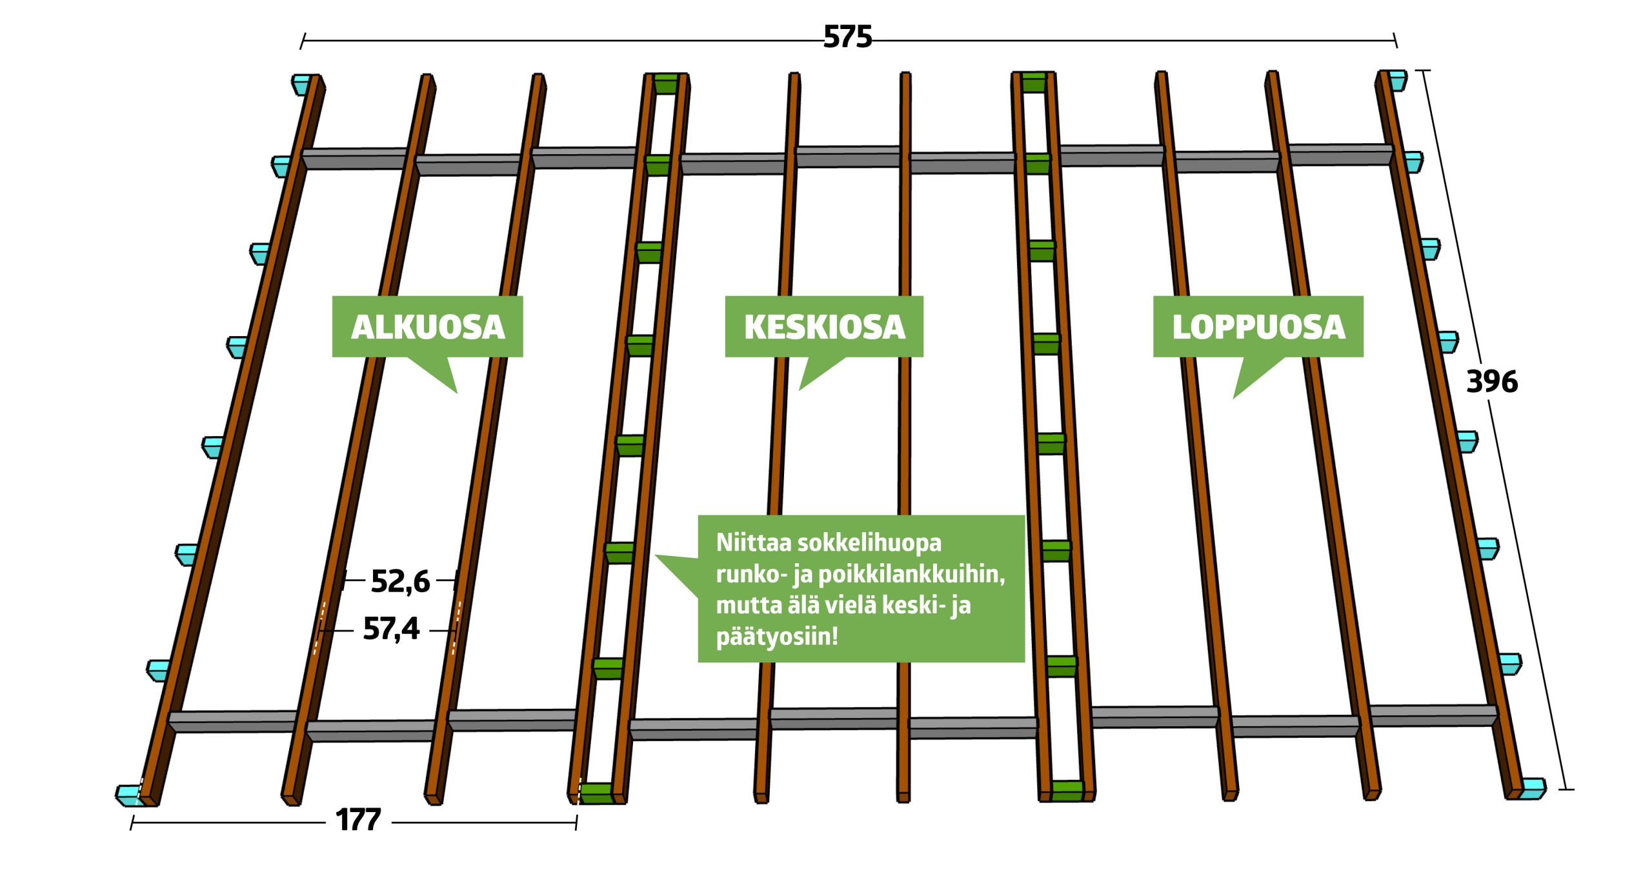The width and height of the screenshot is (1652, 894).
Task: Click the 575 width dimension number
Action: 847,37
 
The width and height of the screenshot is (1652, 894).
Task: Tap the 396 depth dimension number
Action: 1491,381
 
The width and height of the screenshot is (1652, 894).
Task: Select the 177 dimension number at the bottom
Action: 358,820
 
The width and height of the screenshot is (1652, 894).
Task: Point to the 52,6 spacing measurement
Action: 400,581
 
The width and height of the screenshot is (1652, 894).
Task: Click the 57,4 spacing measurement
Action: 391,629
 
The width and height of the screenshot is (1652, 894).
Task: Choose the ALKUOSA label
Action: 427,327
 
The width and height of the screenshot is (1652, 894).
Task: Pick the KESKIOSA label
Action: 824,327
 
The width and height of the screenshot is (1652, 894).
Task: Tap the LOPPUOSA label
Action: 1258,327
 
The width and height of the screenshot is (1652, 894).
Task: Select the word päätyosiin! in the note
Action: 777,637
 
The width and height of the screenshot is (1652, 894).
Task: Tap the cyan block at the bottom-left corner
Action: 129,795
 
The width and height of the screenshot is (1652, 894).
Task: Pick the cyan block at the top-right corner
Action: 1397,80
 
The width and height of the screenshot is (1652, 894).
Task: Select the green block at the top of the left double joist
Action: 666,84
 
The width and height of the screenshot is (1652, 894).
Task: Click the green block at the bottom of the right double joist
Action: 1067,791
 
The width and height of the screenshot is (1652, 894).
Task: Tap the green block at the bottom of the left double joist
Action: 596,793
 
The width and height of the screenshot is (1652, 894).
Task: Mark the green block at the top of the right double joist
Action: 1034,82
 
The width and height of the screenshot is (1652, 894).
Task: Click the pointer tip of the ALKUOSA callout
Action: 456,392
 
